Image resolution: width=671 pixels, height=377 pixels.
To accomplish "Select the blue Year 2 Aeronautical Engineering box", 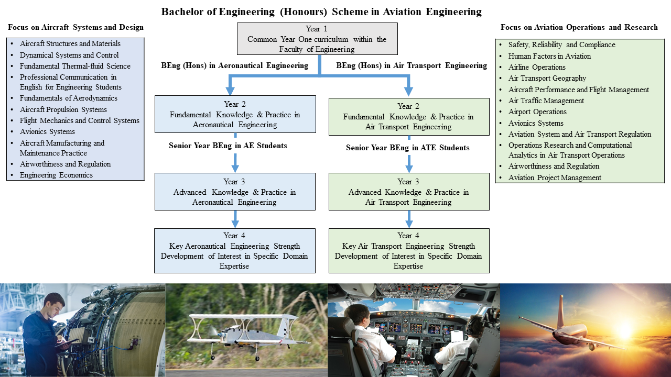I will [235, 114].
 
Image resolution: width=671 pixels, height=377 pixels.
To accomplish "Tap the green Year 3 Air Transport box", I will [409, 192].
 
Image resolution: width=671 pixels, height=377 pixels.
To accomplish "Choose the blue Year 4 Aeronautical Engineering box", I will [235, 250].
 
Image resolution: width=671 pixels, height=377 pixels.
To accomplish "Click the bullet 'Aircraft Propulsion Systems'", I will [63, 109].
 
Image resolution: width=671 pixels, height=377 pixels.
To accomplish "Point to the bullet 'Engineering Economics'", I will [56, 175].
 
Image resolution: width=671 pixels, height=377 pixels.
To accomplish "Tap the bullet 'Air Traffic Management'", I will [546, 101].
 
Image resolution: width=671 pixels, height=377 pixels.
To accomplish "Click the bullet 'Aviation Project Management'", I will [555, 178].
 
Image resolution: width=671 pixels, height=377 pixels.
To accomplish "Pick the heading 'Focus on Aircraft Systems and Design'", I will [75, 27].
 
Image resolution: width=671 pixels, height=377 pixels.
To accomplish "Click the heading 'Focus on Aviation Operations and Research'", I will [579, 27].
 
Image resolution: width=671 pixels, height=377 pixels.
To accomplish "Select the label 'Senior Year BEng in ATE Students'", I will [407, 148].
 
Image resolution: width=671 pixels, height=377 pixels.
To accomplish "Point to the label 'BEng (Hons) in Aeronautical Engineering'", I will [234, 65].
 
